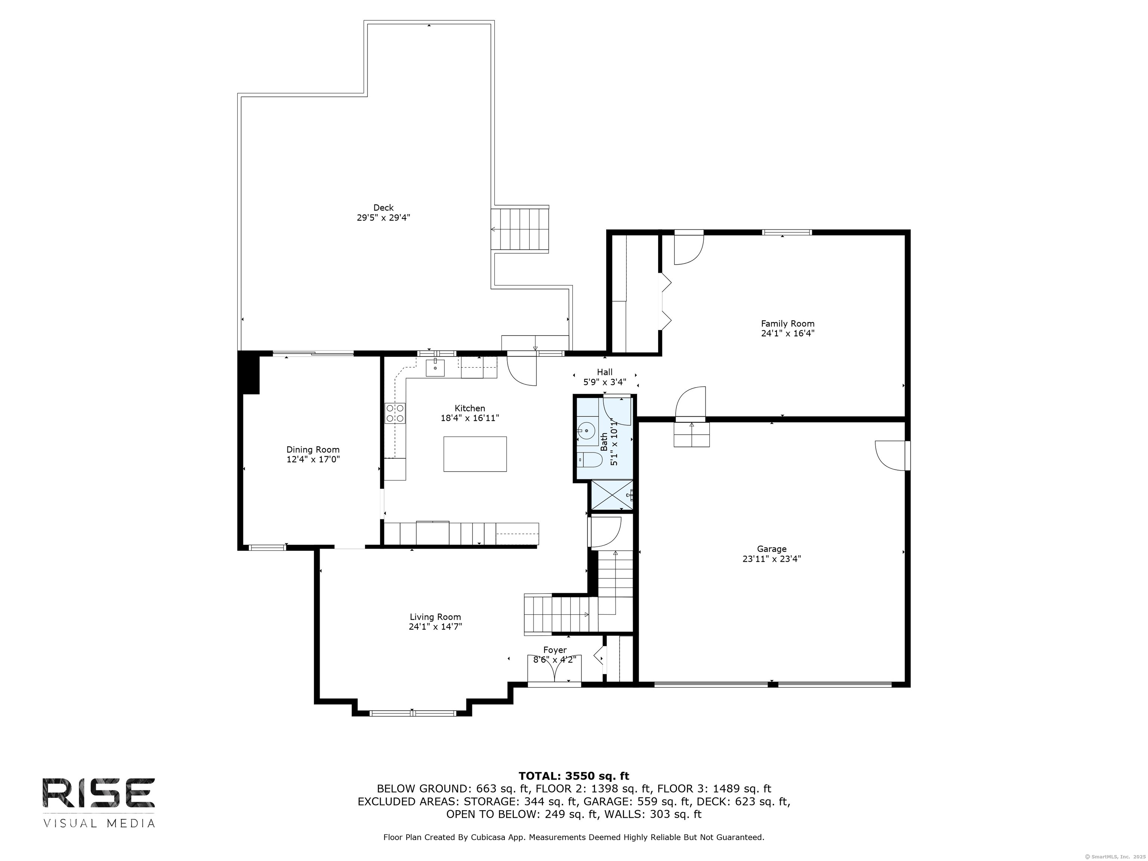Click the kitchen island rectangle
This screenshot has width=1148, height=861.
click(475, 454)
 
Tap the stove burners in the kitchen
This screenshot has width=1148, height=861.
click(395, 413)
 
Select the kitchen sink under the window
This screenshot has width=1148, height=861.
click(435, 367)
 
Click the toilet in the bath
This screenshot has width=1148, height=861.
click(590, 460)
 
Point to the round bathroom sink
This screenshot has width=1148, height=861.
click(587, 430)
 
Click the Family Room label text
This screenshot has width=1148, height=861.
click(788, 323)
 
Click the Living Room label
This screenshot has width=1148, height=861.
click(435, 617)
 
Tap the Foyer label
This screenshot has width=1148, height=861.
click(555, 650)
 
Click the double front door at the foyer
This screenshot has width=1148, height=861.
click(554, 669)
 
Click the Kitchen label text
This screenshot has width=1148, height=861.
click(470, 408)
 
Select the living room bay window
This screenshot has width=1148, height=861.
click(413, 713)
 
